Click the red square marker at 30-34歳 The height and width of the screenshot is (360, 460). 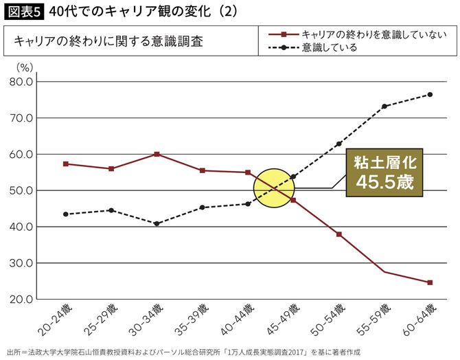(x=157, y=154)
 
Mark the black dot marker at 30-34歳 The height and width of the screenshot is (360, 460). (x=157, y=223)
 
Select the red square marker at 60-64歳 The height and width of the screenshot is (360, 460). (x=430, y=282)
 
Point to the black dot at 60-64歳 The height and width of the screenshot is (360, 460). (x=430, y=94)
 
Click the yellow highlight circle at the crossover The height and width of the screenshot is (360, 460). (x=273, y=188)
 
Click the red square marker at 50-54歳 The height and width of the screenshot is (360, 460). (x=338, y=234)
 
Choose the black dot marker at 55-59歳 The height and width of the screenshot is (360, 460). (x=384, y=106)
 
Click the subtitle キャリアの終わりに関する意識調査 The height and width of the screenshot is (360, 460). (x=108, y=41)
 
